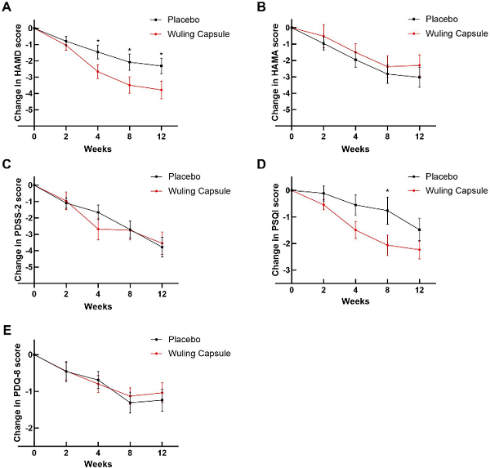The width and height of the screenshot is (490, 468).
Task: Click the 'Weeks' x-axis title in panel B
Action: pyautogui.click(x=356, y=149)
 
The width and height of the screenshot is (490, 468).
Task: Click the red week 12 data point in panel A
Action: pyautogui.click(x=161, y=90)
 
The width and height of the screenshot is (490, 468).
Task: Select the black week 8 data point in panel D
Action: pyautogui.click(x=388, y=211)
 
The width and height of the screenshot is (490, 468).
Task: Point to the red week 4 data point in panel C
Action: pyautogui.click(x=98, y=229)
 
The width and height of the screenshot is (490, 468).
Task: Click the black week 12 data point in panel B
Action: pyautogui.click(x=419, y=78)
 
